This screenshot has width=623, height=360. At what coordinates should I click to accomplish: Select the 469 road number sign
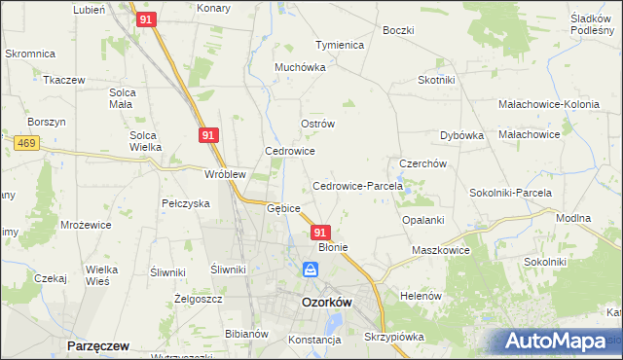(x=26, y=143)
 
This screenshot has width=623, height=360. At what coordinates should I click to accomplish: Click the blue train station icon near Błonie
(x=310, y=269)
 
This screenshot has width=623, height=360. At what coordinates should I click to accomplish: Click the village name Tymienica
(x=339, y=46)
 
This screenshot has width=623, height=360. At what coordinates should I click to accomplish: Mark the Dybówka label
(x=462, y=136)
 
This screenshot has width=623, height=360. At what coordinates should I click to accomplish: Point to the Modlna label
(x=573, y=219)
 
